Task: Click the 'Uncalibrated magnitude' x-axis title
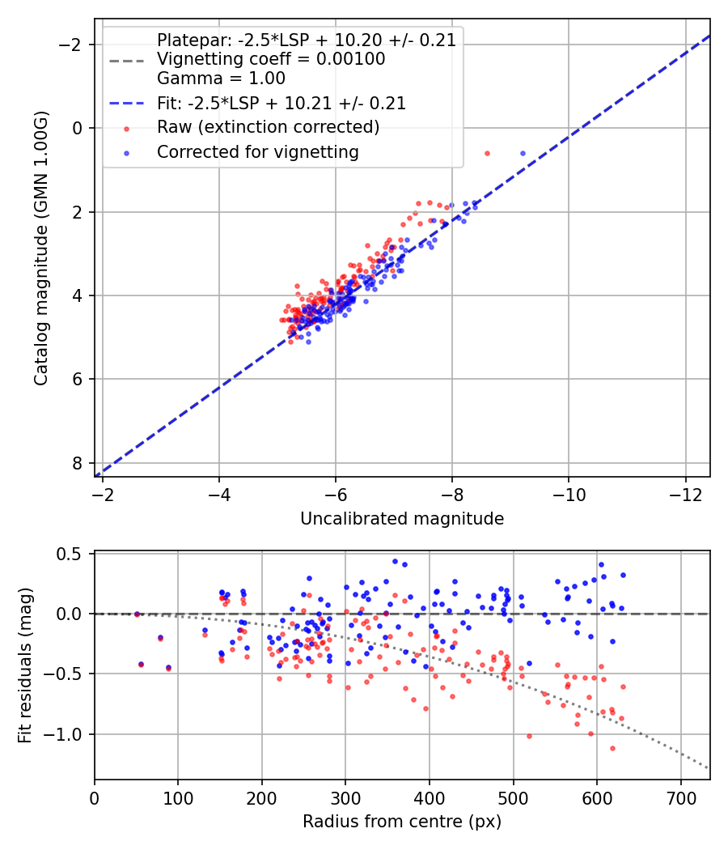[x=402, y=519]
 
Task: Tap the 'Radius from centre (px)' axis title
[x=402, y=822]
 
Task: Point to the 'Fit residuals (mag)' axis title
[x=25, y=665]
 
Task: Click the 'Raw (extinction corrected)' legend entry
[x=268, y=127]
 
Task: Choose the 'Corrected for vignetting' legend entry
[x=258, y=151]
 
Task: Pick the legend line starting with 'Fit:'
[x=281, y=104]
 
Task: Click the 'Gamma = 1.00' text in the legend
[x=221, y=79]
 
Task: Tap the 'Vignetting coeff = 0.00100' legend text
[x=271, y=59]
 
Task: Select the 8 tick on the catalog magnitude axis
[x=78, y=463]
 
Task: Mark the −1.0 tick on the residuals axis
[x=69, y=734]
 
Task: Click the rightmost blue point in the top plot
[x=523, y=153]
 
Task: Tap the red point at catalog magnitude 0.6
[x=487, y=153]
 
